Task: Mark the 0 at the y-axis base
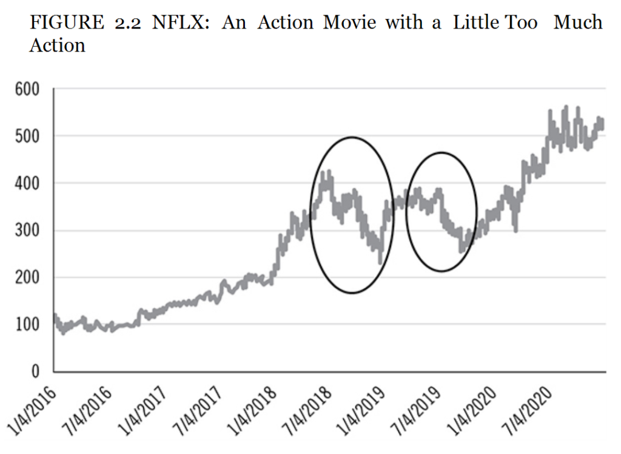point(35,371)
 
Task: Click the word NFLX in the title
point(183,23)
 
